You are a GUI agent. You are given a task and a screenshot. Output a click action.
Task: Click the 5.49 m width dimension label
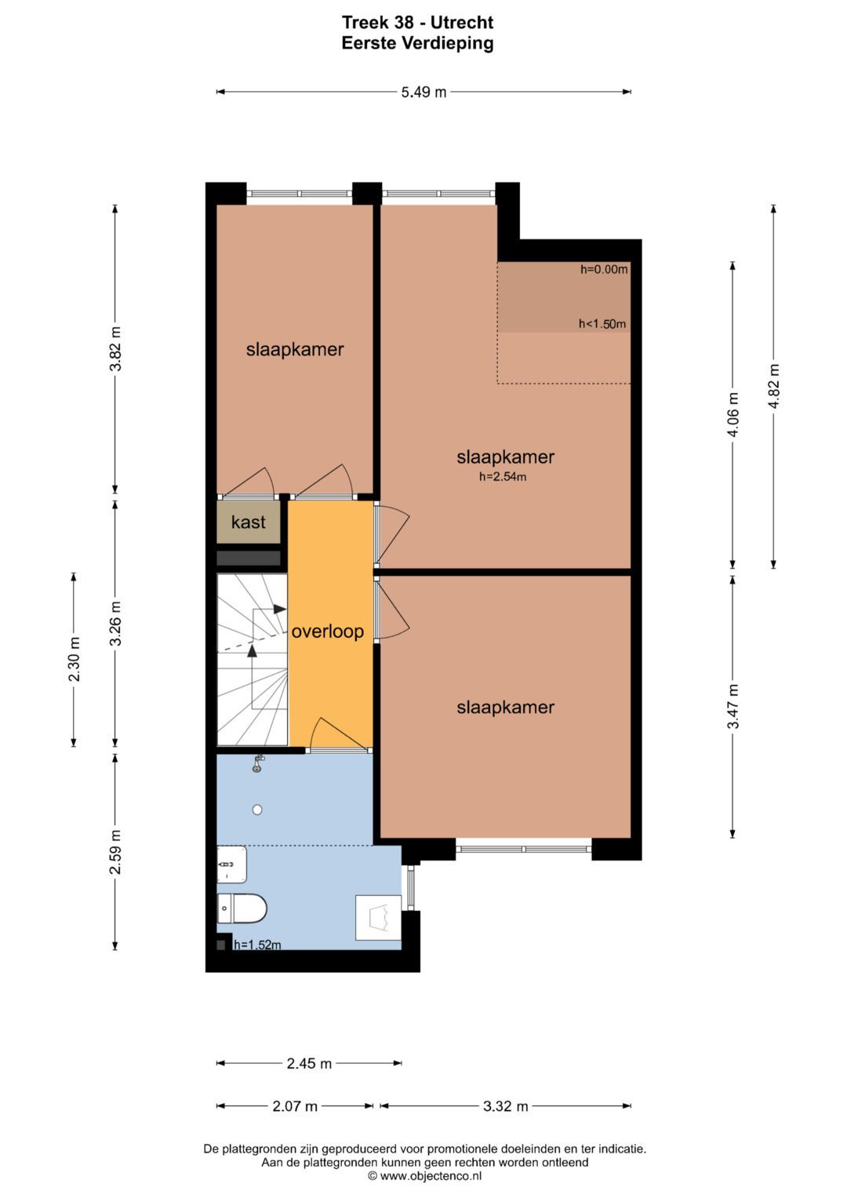(423, 92)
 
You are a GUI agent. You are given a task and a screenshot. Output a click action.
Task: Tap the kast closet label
(248, 522)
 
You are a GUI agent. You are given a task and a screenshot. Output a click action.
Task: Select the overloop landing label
(327, 632)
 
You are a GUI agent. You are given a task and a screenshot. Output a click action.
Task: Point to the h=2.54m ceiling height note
(503, 476)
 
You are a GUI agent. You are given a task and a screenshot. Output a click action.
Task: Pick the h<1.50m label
(602, 323)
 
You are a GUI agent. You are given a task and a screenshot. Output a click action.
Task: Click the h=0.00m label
(604, 270)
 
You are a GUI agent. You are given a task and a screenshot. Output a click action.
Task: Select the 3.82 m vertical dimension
(115, 348)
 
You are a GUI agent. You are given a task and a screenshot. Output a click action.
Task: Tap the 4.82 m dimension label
(773, 386)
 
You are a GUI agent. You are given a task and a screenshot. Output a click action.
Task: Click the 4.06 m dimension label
(732, 414)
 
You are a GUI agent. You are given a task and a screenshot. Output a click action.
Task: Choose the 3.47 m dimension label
(732, 706)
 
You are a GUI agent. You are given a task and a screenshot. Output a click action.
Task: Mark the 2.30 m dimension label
(74, 659)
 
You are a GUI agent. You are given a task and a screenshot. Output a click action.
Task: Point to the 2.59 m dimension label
(115, 852)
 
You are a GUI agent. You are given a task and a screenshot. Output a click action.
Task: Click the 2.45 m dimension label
(309, 1063)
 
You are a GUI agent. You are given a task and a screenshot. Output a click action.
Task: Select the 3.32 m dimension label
(505, 1106)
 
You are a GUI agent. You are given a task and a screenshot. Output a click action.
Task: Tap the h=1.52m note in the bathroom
(257, 945)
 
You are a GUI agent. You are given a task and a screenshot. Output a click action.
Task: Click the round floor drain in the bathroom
(257, 810)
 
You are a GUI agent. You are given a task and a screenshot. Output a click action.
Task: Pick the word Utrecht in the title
(462, 23)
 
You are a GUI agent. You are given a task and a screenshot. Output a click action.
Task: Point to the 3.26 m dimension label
(115, 623)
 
